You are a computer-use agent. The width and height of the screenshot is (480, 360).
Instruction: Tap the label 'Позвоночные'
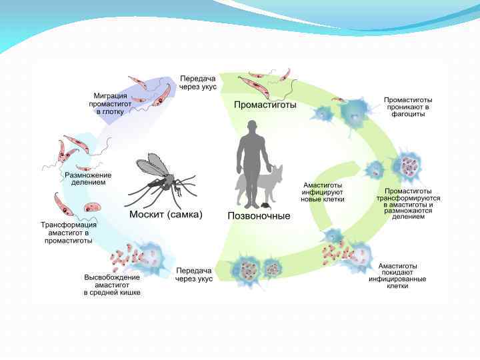click(x=259, y=216)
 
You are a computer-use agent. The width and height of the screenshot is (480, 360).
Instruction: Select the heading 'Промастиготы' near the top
click(x=265, y=105)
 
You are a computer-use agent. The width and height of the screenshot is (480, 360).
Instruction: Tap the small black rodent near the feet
click(x=265, y=204)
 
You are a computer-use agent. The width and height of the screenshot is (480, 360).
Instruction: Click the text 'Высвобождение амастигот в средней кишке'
click(x=112, y=285)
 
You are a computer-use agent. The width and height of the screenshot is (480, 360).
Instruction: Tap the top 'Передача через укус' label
click(x=198, y=83)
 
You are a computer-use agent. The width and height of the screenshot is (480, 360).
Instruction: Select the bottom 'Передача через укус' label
click(x=194, y=275)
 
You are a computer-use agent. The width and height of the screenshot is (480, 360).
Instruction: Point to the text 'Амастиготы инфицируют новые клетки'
click(x=323, y=191)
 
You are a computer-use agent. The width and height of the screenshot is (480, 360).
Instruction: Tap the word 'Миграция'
click(x=109, y=95)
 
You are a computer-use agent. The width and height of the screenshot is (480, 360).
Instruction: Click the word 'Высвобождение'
click(x=112, y=277)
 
